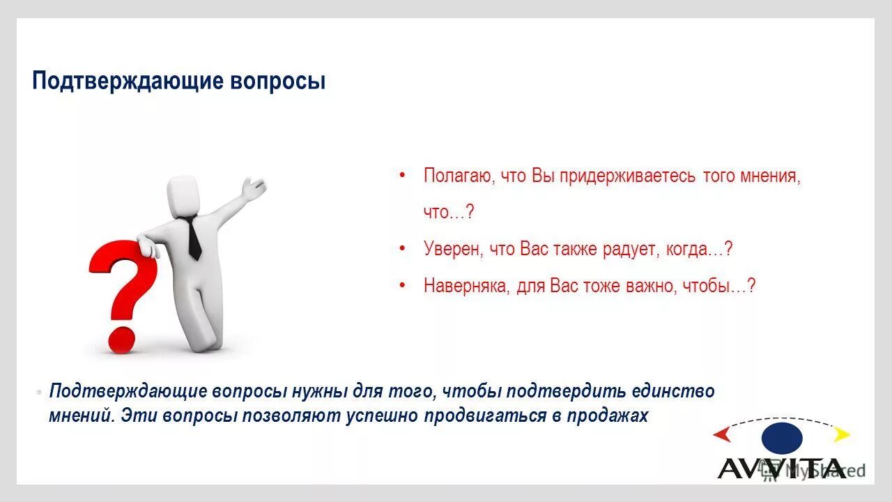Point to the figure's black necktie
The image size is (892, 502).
[192, 237]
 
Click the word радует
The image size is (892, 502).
[626, 249]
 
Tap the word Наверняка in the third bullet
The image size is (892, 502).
[466, 286]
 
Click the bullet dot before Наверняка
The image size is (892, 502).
[402, 285]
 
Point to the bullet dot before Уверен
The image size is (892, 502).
[402, 248]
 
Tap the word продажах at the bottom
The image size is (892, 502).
[606, 416]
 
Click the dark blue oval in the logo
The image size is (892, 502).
[782, 438]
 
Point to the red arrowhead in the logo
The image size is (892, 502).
[722, 435]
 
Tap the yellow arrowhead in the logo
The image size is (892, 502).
[842, 434]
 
